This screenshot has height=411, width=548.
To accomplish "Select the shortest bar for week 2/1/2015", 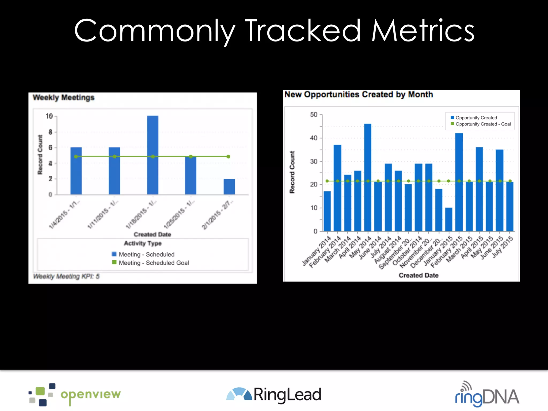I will click(x=229, y=187).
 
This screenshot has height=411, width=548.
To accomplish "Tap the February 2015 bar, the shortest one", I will click(x=449, y=219).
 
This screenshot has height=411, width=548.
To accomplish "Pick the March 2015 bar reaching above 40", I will click(x=459, y=182).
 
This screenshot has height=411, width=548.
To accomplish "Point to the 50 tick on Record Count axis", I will click(x=314, y=115).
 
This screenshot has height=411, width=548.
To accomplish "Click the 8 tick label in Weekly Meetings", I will click(x=50, y=132).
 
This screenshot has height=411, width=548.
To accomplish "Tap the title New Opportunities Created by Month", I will click(x=359, y=94).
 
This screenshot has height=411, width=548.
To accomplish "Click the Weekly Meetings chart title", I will click(x=64, y=97).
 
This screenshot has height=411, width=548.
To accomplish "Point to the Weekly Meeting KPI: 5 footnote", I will click(x=66, y=276).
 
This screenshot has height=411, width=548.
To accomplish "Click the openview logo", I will click(x=75, y=394).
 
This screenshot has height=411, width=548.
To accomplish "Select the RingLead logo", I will click(x=273, y=395).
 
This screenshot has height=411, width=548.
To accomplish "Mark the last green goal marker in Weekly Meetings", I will click(x=228, y=157).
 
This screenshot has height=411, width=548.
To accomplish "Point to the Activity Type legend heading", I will click(x=143, y=243).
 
